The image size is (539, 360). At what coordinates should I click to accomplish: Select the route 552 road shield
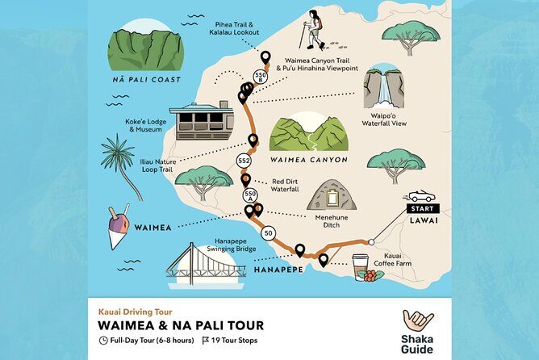click(x=244, y=161)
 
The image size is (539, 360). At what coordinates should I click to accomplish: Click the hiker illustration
click(x=311, y=31)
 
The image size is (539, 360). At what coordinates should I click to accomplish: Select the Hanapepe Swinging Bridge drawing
click(x=205, y=262)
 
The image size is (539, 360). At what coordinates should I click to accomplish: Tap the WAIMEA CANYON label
click(x=309, y=160)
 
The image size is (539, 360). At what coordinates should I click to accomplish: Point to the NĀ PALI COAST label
click(x=146, y=80)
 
